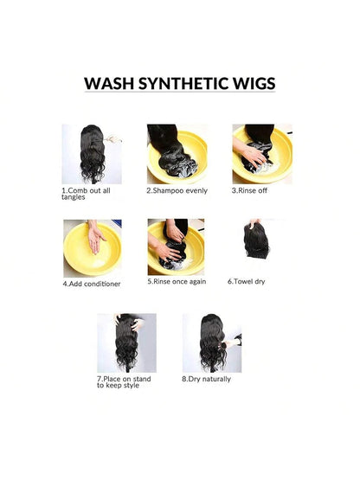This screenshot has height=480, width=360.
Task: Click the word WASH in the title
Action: tap(109, 83)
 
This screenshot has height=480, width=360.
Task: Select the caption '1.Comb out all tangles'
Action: tap(86, 194)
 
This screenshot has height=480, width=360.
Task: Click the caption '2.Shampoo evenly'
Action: tap(177, 190)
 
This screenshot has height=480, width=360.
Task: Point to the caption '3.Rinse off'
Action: tap(249, 190)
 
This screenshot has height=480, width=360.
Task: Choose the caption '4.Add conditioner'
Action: tap(92, 284)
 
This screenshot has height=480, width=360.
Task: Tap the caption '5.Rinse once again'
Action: tap(177, 281)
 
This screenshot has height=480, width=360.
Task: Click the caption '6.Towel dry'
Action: tap(246, 281)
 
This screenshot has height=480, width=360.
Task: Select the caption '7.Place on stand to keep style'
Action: tap(124, 382)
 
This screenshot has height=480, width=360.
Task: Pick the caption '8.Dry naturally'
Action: tap(206, 379)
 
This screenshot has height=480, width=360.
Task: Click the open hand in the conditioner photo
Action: tap(95, 237)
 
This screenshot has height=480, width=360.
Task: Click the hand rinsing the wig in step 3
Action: tap(249, 151)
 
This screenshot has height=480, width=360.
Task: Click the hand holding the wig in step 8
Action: tap(232, 342)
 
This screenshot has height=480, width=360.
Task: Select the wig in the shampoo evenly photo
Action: tap(171, 150)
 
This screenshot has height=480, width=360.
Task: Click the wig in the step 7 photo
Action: tap(126, 342)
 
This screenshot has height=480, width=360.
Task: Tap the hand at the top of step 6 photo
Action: tap(254, 223)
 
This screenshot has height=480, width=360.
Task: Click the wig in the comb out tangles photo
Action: tap(92, 153)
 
